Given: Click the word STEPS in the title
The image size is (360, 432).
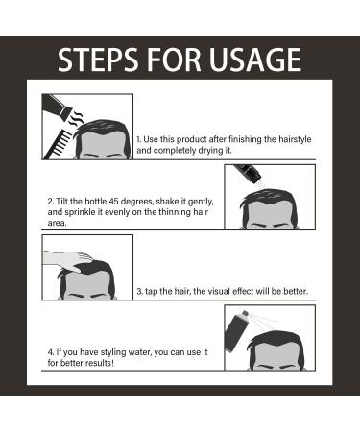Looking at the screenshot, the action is coord(98,60).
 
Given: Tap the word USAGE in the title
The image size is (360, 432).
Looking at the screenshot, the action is coord(255,60).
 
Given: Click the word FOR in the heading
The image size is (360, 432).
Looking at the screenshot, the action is coord(174,60).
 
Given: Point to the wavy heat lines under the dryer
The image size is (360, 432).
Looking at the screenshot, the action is coord(77,117).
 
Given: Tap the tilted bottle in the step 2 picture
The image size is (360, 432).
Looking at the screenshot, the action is coord(248,174).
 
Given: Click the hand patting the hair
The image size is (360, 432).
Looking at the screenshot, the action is coord(68,259).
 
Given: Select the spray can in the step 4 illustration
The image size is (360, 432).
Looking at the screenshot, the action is coord(236,331).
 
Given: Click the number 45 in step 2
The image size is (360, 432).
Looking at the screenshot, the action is coord(114,202).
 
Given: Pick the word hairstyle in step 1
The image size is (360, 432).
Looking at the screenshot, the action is coord(295,140).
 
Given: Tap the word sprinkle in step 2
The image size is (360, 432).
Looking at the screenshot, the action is coord(78,212).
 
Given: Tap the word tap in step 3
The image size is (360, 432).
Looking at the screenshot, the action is coord(151,292).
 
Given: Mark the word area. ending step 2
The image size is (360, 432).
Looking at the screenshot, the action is coord(57,223).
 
